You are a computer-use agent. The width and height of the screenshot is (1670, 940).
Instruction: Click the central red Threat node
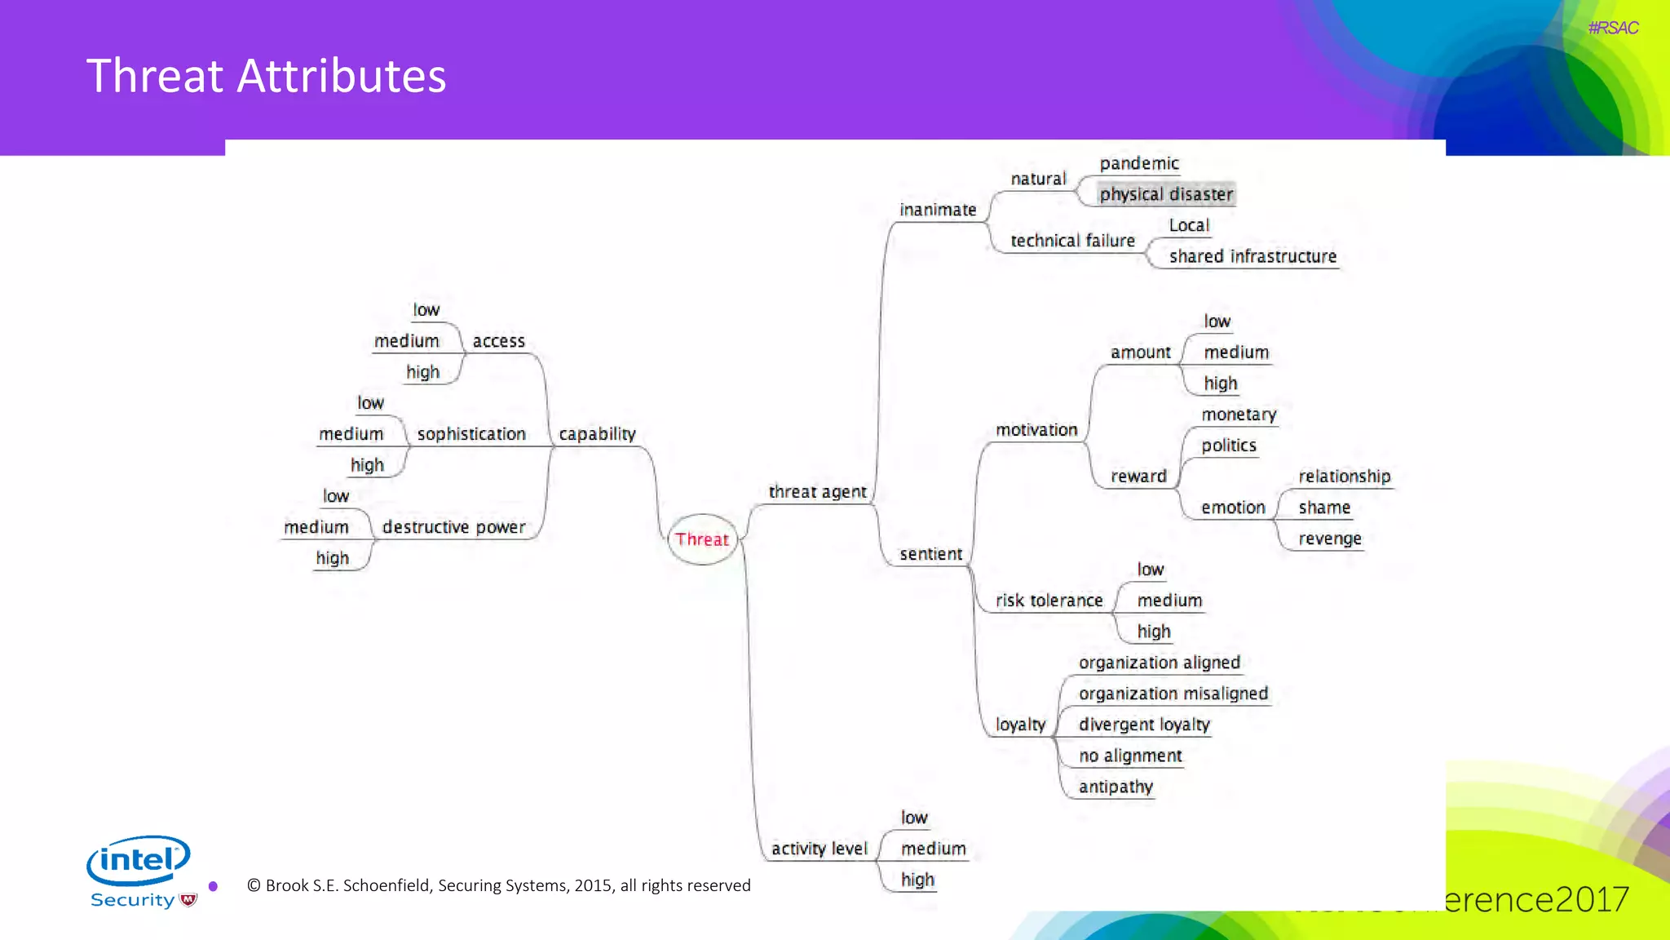[x=702, y=539]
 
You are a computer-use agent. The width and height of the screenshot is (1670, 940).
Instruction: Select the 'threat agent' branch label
[x=817, y=492]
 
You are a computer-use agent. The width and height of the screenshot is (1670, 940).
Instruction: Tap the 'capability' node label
[x=597, y=434]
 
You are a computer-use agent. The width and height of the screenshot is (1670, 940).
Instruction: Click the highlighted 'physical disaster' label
[x=1166, y=194]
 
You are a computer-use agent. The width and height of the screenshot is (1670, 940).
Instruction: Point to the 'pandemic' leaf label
[x=1139, y=163]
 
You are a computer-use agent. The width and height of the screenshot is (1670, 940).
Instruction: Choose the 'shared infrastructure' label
[x=1252, y=256]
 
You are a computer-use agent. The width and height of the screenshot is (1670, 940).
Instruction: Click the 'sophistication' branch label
[x=471, y=434]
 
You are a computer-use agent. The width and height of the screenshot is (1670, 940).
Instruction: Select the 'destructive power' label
[x=453, y=527]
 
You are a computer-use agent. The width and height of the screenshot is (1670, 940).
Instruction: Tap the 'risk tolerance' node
[x=1049, y=601]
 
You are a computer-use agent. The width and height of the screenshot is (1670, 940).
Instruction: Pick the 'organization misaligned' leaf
[x=1173, y=694]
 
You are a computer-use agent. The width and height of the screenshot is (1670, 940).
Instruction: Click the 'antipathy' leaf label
[x=1116, y=787]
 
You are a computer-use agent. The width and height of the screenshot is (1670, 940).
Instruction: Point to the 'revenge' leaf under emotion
[x=1330, y=539]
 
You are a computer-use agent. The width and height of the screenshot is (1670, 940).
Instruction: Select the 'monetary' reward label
[x=1239, y=415]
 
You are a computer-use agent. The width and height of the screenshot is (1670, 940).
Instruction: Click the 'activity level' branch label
[x=819, y=849]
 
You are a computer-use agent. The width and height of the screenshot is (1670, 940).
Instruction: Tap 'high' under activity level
[x=917, y=880]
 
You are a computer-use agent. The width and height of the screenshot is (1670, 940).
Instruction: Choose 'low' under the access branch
[x=426, y=310]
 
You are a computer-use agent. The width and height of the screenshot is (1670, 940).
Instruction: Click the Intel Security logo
[x=141, y=871]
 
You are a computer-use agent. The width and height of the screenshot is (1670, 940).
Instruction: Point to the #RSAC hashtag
[x=1613, y=28]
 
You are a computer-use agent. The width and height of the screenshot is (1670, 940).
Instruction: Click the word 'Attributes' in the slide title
[x=342, y=76]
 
